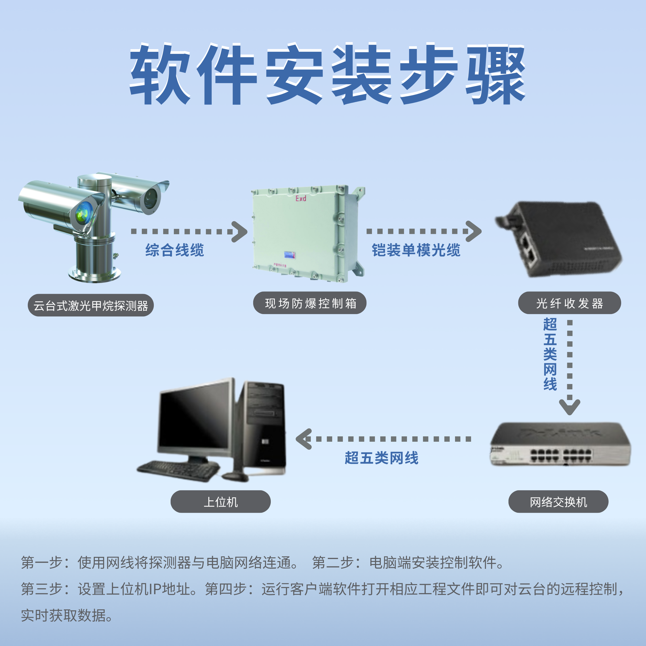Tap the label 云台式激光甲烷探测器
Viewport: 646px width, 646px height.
point(91,305)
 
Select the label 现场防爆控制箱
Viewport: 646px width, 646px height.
point(310,303)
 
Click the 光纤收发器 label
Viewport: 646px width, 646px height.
point(569,303)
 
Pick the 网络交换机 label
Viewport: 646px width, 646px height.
point(558,502)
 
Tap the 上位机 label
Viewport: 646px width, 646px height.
point(221,502)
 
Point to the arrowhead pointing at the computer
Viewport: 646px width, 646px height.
point(303,439)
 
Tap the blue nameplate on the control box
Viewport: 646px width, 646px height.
point(289,255)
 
